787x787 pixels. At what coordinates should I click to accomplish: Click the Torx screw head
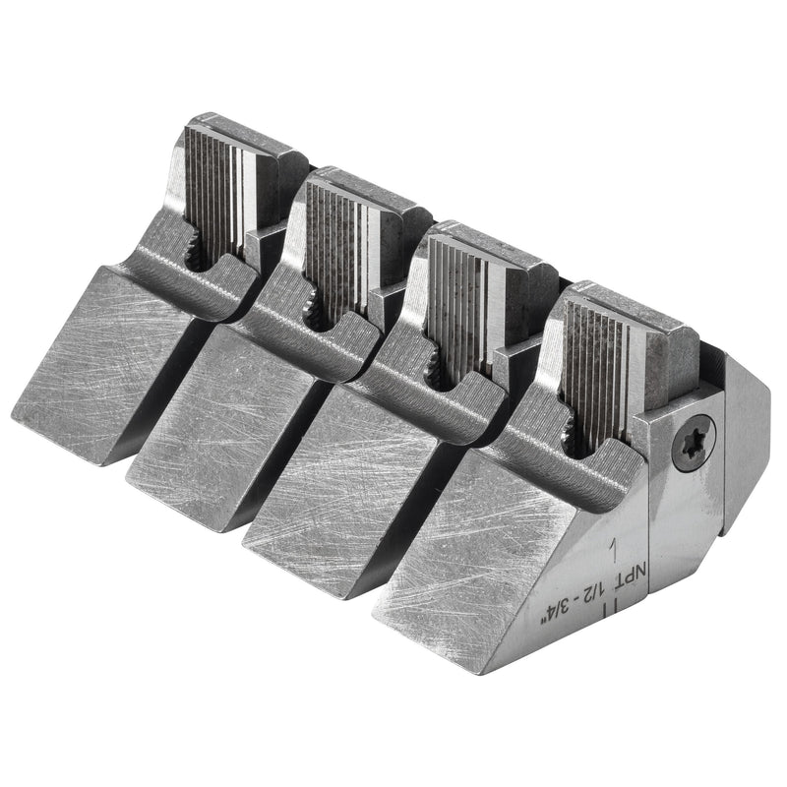tap(694, 444)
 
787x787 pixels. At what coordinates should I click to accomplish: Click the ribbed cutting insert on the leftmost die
tap(219, 193)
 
